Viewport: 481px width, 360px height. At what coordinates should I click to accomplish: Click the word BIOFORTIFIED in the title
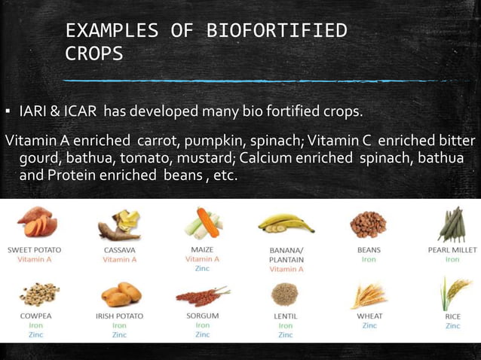pyautogui.click(x=277, y=31)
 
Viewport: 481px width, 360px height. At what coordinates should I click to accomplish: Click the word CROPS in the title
pyautogui.click(x=94, y=55)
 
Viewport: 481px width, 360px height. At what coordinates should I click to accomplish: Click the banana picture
pyautogui.click(x=286, y=224)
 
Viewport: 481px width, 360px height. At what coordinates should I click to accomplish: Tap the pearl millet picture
pyautogui.click(x=452, y=224)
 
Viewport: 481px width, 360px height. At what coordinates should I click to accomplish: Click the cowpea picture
pyautogui.click(x=35, y=293)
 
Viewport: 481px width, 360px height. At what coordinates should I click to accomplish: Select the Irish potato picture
pyautogui.click(x=119, y=294)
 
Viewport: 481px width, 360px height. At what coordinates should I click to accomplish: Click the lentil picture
pyautogui.click(x=285, y=293)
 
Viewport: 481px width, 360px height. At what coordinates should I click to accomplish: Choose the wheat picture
pyautogui.click(x=369, y=294)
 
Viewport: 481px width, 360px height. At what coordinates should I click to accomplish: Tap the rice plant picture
pyautogui.click(x=453, y=293)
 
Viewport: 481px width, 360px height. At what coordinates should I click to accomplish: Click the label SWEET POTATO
pyautogui.click(x=35, y=249)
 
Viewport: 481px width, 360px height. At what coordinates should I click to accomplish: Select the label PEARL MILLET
pyautogui.click(x=452, y=250)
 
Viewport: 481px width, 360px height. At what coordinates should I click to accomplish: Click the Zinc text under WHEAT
pyautogui.click(x=369, y=326)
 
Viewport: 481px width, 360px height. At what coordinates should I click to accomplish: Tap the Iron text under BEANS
pyautogui.click(x=369, y=259)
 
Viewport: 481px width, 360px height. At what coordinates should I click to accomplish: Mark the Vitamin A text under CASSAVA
pyautogui.click(x=119, y=259)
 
